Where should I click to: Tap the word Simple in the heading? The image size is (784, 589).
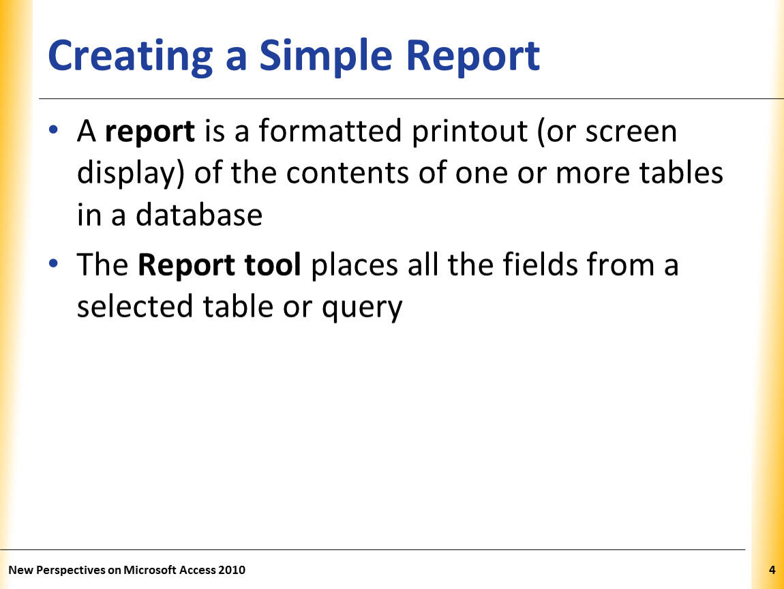(325, 57)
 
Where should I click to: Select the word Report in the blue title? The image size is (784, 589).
(472, 57)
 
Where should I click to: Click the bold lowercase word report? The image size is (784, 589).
(149, 132)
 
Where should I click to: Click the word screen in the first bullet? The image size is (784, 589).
(631, 132)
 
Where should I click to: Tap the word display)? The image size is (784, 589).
(130, 174)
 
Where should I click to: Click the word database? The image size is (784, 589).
(199, 215)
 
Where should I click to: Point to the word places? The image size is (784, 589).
(355, 265)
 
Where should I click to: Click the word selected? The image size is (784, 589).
(134, 306)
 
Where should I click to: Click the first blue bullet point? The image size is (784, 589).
(53, 130)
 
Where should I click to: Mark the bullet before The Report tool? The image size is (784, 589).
(53, 263)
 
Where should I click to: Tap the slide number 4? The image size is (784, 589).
(772, 570)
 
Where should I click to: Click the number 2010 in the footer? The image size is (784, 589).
(232, 570)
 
